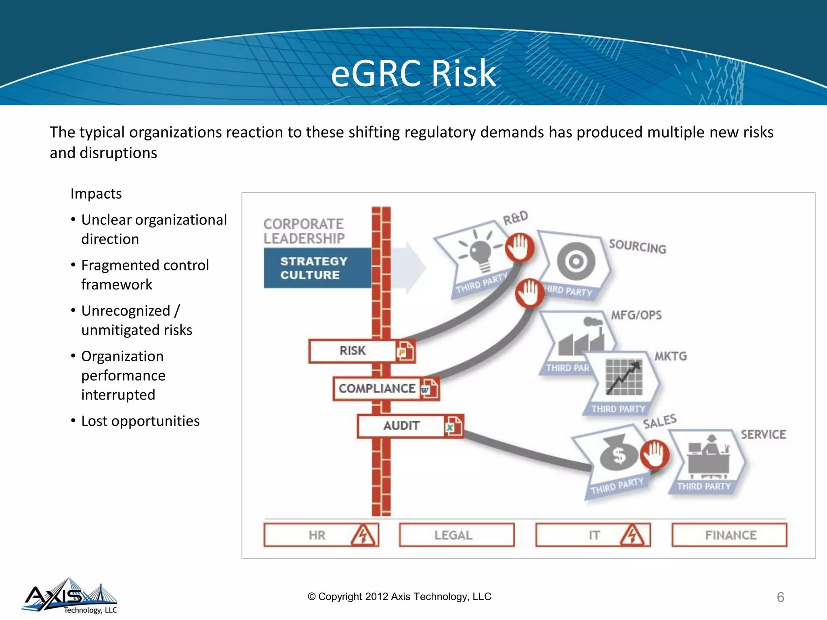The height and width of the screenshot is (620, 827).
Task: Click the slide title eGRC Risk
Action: pyautogui.click(x=413, y=73)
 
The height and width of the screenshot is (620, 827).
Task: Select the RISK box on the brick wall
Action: pyautogui.click(x=352, y=351)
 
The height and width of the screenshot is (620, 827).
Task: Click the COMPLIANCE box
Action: pyautogui.click(x=376, y=388)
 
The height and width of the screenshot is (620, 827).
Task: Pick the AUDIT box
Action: pyautogui.click(x=401, y=426)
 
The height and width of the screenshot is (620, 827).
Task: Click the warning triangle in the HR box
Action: pyautogui.click(x=363, y=536)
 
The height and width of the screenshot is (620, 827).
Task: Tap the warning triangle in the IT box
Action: pyautogui.click(x=632, y=536)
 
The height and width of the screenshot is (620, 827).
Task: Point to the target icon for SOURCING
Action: pyautogui.click(x=576, y=261)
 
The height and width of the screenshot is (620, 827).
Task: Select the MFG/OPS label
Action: pyautogui.click(x=636, y=315)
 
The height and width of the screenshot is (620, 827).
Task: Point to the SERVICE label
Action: pyautogui.click(x=763, y=435)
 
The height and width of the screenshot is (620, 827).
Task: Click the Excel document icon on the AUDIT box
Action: pyautogui.click(x=453, y=426)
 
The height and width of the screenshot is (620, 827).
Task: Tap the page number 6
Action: pyautogui.click(x=780, y=597)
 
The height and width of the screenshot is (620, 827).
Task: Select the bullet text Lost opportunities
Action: pyautogui.click(x=140, y=421)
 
